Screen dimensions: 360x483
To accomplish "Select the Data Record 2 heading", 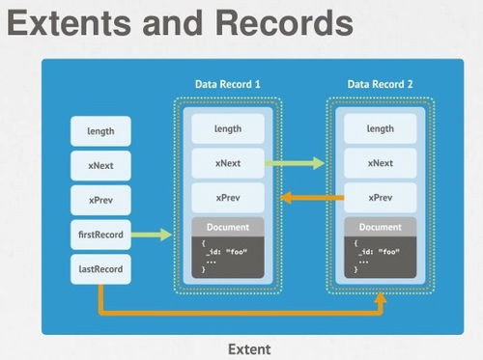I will pyautogui.click(x=381, y=85).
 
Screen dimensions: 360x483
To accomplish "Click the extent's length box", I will pyautogui.click(x=101, y=130).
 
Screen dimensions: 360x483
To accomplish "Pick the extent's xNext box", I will pyautogui.click(x=101, y=165).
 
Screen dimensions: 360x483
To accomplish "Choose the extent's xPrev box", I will pyautogui.click(x=101, y=200).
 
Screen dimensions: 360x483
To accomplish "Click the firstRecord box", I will pyautogui.click(x=101, y=235).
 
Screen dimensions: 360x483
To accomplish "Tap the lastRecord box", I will pyautogui.click(x=101, y=269).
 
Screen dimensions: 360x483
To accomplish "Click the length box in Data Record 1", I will pyautogui.click(x=228, y=128).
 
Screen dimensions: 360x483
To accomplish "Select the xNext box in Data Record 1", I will pyautogui.click(x=228, y=163).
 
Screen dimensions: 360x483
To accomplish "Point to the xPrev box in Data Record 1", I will pyautogui.click(x=228, y=198).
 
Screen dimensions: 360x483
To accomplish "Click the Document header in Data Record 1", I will pyautogui.click(x=228, y=228).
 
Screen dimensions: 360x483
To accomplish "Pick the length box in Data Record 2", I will pyautogui.click(x=381, y=128).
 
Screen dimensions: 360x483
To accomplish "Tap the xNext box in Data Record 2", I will pyautogui.click(x=381, y=163).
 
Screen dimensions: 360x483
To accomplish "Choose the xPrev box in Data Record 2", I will pyautogui.click(x=381, y=198).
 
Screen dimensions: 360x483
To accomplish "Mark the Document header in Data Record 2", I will pyautogui.click(x=381, y=228).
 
